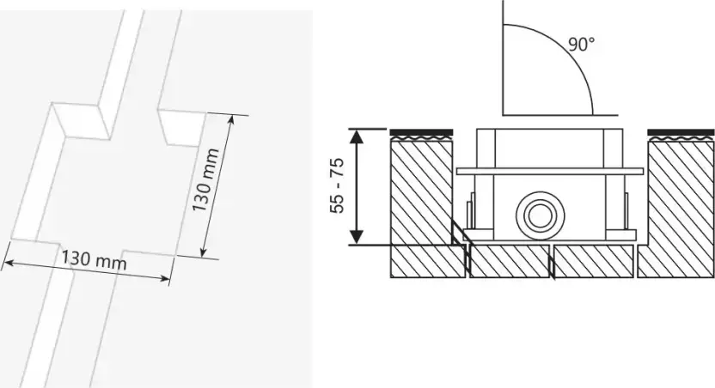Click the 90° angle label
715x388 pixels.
582,45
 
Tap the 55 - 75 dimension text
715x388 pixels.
337,185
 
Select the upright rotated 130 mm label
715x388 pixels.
205,180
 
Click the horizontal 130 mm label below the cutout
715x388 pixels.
94,260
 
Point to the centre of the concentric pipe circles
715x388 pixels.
540,215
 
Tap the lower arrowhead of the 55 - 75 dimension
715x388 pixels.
357,237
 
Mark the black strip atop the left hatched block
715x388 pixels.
421,132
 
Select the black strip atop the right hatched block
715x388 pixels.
681,132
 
